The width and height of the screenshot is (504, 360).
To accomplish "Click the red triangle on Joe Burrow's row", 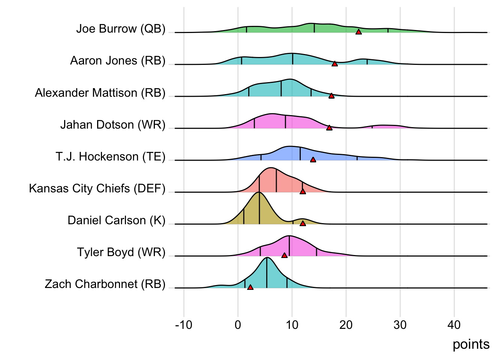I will (x=358, y=32).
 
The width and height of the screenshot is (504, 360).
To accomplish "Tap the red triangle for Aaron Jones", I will (x=334, y=64).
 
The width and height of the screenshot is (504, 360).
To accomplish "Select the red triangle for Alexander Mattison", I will (x=331, y=96).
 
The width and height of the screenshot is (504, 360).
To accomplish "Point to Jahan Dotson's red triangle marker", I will (x=329, y=127).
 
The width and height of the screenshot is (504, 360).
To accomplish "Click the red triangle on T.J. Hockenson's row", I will (x=313, y=159).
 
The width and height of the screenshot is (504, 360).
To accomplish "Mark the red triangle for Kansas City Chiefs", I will (x=303, y=191).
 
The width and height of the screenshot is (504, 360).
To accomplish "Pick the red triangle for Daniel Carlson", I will (x=303, y=223).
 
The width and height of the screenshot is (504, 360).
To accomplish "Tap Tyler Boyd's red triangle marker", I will (x=284, y=255).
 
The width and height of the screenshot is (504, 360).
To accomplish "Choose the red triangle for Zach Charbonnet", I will (x=250, y=287).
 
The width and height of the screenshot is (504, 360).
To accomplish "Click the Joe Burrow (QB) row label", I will (x=121, y=29).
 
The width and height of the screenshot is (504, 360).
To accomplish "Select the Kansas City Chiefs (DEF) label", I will (x=97, y=188).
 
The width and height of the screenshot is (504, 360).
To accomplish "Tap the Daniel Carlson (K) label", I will (x=116, y=220).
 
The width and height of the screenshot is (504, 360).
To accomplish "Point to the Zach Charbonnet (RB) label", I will (x=105, y=284).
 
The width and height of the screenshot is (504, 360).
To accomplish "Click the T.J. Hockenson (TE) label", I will (x=110, y=156).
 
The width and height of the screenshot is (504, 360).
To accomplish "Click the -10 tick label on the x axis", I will (x=184, y=325).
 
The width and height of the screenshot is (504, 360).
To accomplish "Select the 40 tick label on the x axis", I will (x=454, y=325).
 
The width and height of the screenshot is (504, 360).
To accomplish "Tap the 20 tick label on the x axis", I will (x=346, y=325).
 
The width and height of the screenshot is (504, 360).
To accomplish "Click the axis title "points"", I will (x=471, y=344).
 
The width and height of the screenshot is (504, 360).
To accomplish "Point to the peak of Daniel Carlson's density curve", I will (x=259, y=192).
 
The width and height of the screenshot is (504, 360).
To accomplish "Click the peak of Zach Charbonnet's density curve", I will (x=267, y=258).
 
